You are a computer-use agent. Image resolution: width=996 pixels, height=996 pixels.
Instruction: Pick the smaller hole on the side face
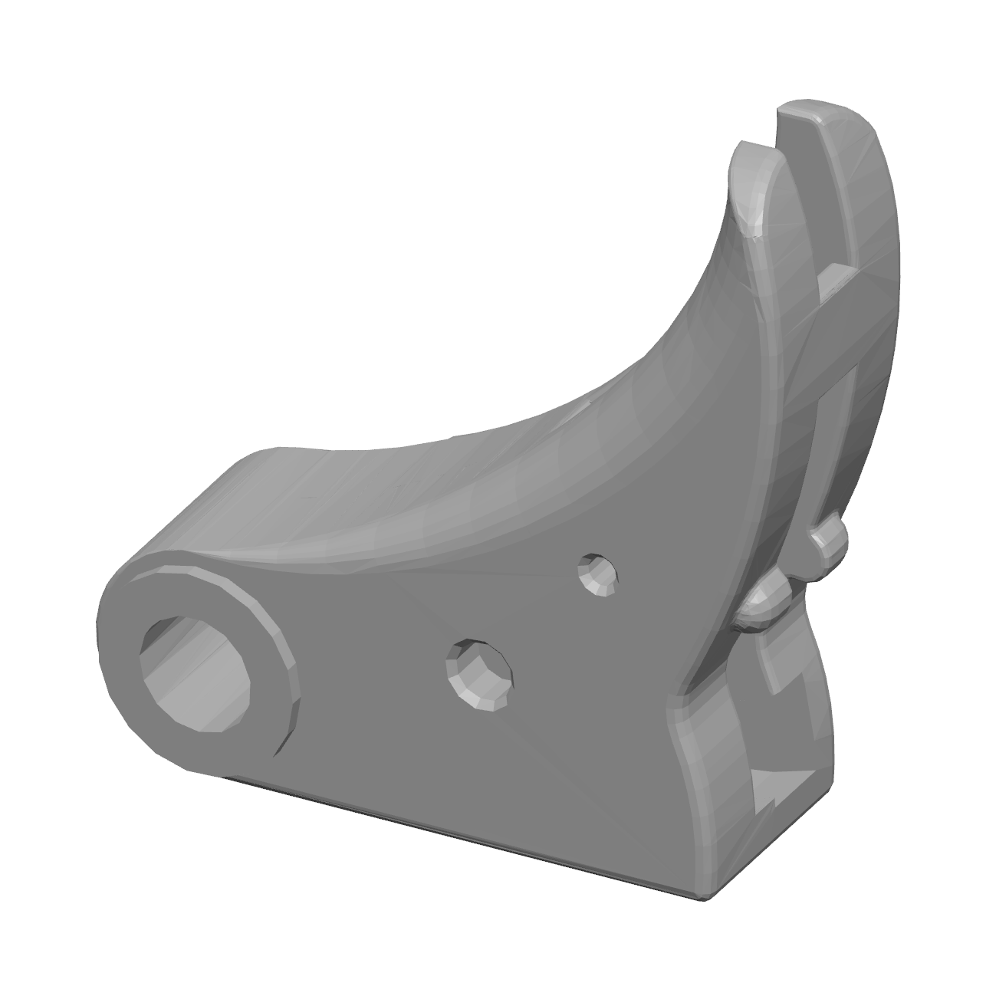click(598, 574)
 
